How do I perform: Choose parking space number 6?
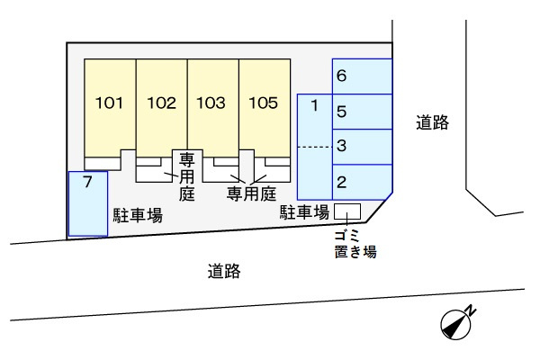pyautogui.click(x=363, y=76)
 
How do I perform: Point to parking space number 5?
pyautogui.click(x=363, y=112)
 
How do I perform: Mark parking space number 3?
pyautogui.click(x=363, y=147)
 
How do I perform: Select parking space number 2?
pyautogui.click(x=363, y=182)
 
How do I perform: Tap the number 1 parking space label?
pyautogui.click(x=314, y=107)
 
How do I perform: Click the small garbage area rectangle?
pyautogui.click(x=346, y=211)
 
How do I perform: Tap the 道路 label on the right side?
pyautogui.click(x=432, y=123)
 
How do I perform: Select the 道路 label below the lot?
pyautogui.click(x=223, y=271)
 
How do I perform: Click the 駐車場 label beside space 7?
pyautogui.click(x=137, y=215)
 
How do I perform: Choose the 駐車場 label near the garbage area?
pyautogui.click(x=302, y=212)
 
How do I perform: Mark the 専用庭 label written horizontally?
pyautogui.click(x=249, y=193)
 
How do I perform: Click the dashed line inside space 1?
pyautogui.click(x=314, y=147)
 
